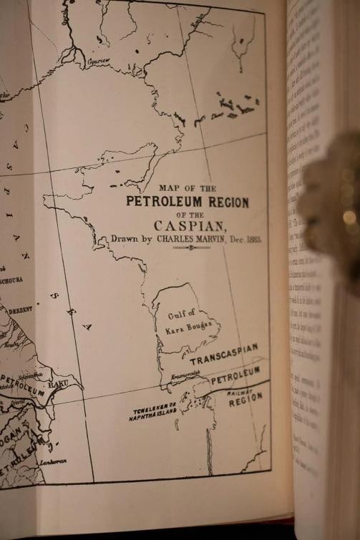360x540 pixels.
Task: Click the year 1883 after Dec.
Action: pos(253,239)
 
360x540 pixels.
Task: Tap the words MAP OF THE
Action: pos(187,188)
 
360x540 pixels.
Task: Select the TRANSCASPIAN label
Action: pos(224,354)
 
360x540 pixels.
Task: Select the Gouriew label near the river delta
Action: pos(98,62)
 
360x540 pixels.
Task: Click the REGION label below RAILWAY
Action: pos(245,400)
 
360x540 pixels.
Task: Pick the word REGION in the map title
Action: pos(225,202)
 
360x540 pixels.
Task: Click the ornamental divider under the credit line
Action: pos(191,248)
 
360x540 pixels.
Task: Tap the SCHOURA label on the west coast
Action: pos(11,280)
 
